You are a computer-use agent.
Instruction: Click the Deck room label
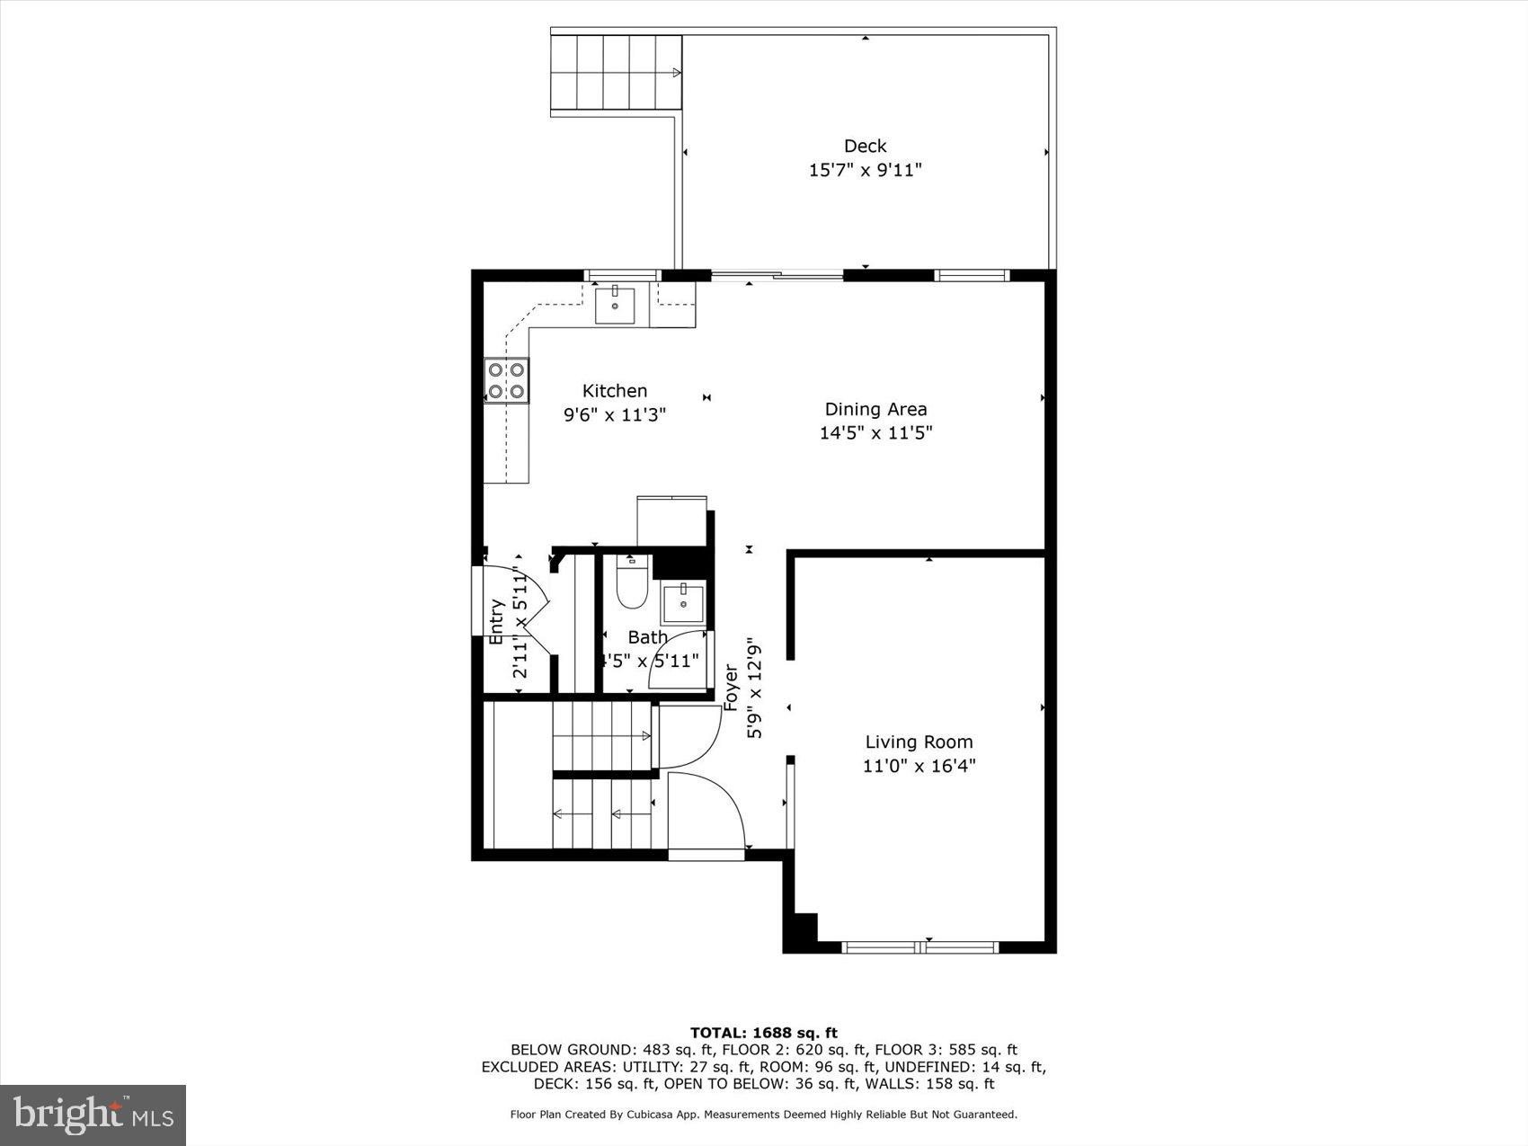tap(865, 146)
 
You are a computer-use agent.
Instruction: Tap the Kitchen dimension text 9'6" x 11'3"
tap(615, 414)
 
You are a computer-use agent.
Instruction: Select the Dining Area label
tap(875, 409)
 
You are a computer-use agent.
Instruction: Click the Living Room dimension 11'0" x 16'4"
tap(919, 766)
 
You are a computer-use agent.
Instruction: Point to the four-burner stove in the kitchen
tap(506, 380)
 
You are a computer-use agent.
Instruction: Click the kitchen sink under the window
tap(615, 306)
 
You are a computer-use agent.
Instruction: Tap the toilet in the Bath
tap(632, 584)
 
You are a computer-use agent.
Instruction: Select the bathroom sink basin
tap(684, 603)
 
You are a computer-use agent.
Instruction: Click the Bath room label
tap(647, 637)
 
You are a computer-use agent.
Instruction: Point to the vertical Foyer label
tap(732, 688)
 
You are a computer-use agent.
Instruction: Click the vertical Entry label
tap(496, 621)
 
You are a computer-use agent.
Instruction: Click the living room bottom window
tap(920, 946)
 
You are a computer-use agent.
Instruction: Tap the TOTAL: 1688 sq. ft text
tap(763, 1033)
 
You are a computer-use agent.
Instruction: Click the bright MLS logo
tap(93, 1115)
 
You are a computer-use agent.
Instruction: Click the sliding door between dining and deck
tap(777, 275)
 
